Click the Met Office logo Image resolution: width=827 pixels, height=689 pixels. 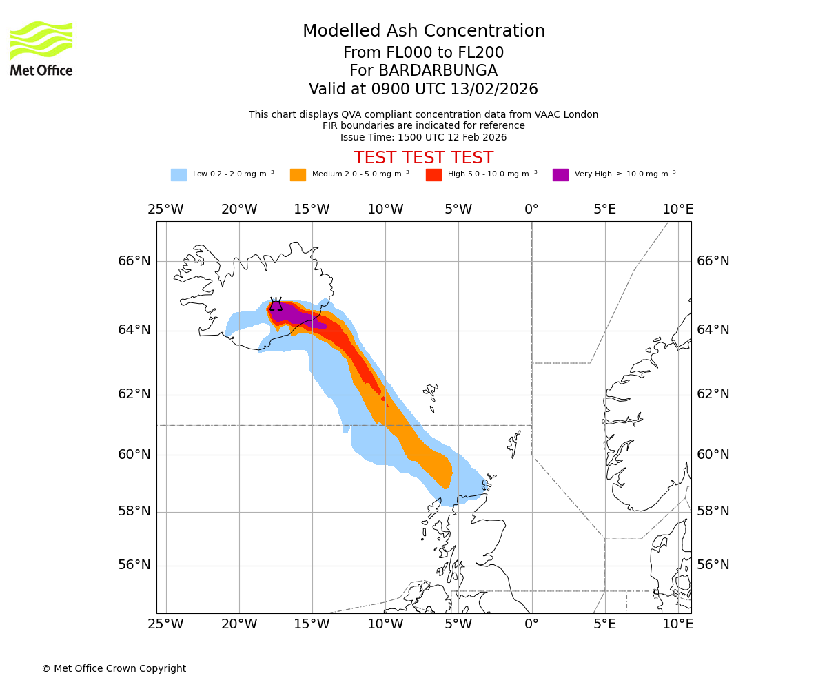coord(41,48)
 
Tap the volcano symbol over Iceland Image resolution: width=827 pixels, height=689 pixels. coord(276,305)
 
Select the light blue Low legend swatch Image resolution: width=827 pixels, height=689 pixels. coord(178,175)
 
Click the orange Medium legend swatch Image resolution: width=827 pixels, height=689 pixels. coord(298,175)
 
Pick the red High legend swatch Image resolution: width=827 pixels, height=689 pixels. coord(433,175)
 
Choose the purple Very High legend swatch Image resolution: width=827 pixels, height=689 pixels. coord(560,175)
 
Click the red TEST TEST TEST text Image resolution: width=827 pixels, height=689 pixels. coord(423,158)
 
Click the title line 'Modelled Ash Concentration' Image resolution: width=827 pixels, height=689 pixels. coord(423,31)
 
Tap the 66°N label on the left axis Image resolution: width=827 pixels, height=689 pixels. coord(134,261)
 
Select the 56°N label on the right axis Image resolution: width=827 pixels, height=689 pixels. coord(713,565)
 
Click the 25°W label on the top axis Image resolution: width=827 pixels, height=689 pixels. coord(165,209)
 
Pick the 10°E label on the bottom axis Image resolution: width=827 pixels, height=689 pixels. coord(677,624)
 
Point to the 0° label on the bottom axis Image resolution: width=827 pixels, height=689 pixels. coord(531,624)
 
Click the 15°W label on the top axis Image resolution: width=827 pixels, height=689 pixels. coord(312,209)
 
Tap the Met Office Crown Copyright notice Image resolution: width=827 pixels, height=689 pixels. coord(114,668)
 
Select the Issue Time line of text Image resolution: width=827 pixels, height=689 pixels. coord(423,137)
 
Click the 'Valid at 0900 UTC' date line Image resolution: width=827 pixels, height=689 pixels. coord(423,90)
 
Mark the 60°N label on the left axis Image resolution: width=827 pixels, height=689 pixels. coord(134,455)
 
